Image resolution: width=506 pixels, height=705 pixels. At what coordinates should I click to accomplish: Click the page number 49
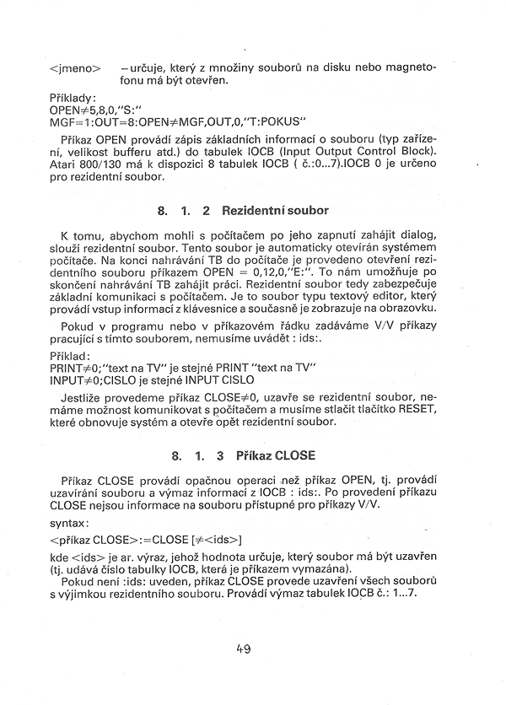point(245,648)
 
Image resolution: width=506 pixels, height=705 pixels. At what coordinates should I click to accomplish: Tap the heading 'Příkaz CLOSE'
point(277,455)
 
